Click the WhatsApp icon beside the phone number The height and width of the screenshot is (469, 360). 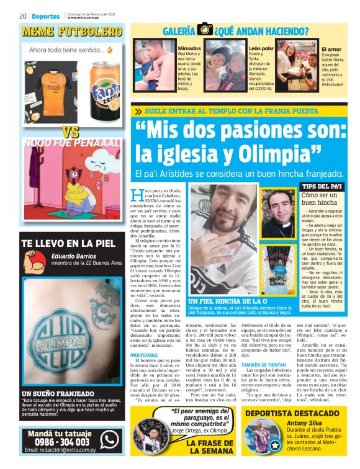tap(110, 440)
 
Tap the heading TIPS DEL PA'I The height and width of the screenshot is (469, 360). tap(321, 186)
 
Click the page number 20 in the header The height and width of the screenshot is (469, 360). tap(22, 16)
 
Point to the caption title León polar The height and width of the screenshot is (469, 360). tap(261, 48)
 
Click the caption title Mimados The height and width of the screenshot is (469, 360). tap(189, 48)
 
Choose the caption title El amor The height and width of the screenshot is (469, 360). tap(331, 48)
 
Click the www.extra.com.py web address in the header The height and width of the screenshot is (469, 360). tap(86, 18)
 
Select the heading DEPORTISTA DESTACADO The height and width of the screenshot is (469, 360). tap(295, 413)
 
